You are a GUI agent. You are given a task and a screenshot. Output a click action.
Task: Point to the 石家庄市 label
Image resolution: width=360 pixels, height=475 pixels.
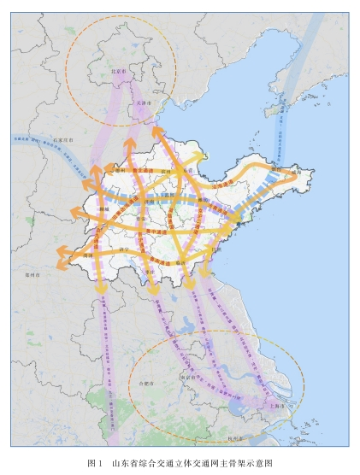coord(65,136)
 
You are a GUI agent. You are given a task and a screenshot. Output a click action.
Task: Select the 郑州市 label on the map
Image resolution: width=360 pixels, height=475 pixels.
coord(33,275)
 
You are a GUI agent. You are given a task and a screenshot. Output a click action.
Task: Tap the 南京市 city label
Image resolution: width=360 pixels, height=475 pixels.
coord(189,375)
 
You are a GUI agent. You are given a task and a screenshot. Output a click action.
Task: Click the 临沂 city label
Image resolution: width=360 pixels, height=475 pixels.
coord(182,263)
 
